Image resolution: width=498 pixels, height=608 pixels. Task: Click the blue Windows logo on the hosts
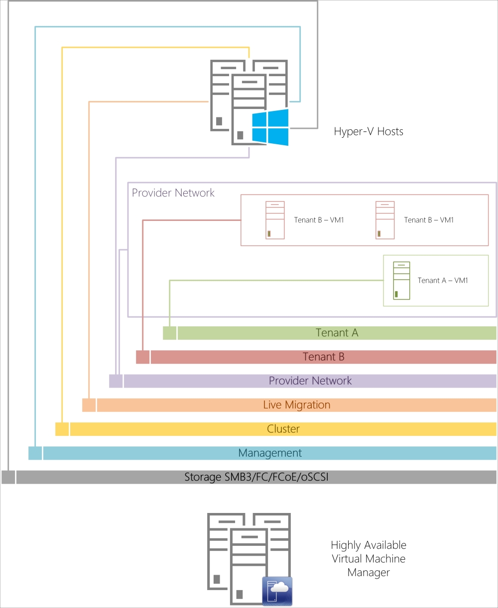(270, 128)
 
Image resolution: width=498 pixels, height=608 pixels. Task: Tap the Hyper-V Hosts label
(368, 132)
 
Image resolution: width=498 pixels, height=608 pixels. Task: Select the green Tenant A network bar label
(337, 333)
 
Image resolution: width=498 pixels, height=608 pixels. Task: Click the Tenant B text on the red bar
(323, 357)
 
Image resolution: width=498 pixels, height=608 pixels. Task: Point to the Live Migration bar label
(296, 405)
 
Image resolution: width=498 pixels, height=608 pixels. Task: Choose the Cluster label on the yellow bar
(283, 429)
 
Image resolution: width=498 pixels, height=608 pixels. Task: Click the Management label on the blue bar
(270, 453)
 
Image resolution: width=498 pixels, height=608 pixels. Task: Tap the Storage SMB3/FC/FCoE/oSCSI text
(256, 478)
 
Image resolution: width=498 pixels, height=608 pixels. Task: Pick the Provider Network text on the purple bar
(310, 381)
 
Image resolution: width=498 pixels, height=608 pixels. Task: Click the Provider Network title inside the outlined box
(173, 193)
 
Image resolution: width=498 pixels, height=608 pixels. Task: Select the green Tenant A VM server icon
(401, 280)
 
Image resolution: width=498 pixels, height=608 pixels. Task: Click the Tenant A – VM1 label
(443, 281)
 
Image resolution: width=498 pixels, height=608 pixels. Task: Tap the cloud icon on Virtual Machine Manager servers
(277, 591)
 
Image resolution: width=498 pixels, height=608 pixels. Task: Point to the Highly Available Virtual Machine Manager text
(369, 559)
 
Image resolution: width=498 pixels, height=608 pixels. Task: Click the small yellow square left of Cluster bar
(62, 429)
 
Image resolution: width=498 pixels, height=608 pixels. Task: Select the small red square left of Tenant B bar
(142, 357)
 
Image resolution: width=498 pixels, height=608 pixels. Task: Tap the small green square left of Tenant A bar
(169, 333)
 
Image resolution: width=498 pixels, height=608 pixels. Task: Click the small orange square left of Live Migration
(89, 405)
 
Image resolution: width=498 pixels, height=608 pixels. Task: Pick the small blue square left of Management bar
(35, 453)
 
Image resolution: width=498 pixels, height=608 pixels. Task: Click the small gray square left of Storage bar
(8, 478)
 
